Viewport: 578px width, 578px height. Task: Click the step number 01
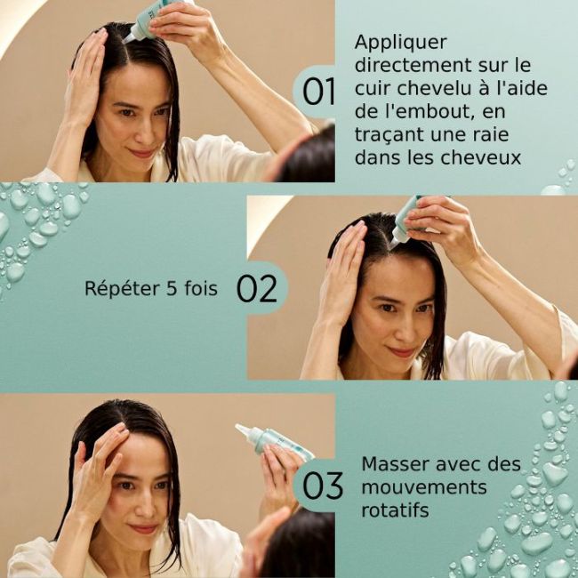pyautogui.click(x=318, y=92)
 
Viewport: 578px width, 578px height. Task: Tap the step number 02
pyautogui.click(x=258, y=289)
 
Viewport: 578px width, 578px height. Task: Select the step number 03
pyautogui.click(x=323, y=486)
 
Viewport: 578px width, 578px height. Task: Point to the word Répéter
pyautogui.click(x=119, y=289)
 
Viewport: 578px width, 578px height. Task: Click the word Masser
pyautogui.click(x=391, y=464)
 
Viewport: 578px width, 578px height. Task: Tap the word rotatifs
pyautogui.click(x=395, y=511)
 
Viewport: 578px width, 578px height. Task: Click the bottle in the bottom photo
pyautogui.click(x=276, y=441)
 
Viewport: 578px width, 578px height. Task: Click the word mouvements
pyautogui.click(x=424, y=487)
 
